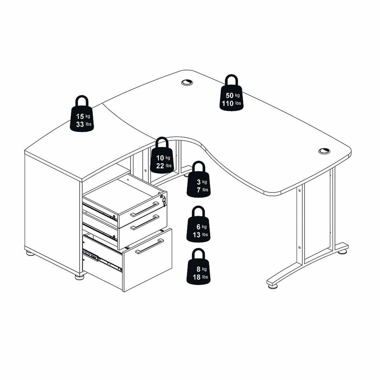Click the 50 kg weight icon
click(x=232, y=93)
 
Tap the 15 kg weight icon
click(x=82, y=114)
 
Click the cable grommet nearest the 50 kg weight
click(x=187, y=82)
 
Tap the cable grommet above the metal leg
click(x=324, y=151)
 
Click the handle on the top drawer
click(x=145, y=209)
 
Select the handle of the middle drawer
click(x=145, y=222)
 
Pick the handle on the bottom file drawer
click(x=150, y=246)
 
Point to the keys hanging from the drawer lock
click(x=163, y=200)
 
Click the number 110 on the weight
click(x=228, y=103)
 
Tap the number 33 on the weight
click(x=80, y=124)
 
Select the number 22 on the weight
click(x=160, y=166)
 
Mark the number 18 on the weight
click(x=197, y=277)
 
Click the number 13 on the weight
click(x=197, y=234)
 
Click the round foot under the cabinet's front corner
click(x=79, y=277)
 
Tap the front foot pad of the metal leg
click(x=273, y=286)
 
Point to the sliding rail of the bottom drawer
click(x=102, y=259)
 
